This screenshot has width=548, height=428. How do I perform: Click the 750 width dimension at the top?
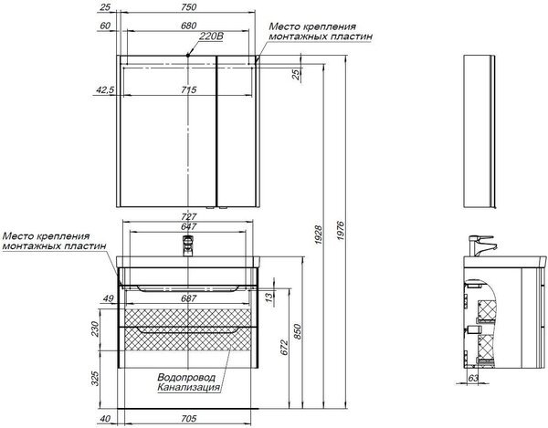click(189, 7)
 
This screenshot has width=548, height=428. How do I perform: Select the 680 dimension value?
click(189, 26)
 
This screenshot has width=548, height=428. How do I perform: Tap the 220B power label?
click(211, 36)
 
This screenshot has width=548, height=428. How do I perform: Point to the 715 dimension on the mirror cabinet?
click(189, 89)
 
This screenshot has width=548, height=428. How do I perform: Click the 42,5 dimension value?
click(105, 89)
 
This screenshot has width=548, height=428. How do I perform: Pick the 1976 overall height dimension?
click(341, 230)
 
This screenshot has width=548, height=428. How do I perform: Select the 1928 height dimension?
click(319, 235)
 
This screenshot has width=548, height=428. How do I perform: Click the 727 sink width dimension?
click(189, 216)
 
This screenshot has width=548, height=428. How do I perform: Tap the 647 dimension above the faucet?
click(189, 226)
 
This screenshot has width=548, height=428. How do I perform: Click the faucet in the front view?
click(188, 245)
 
